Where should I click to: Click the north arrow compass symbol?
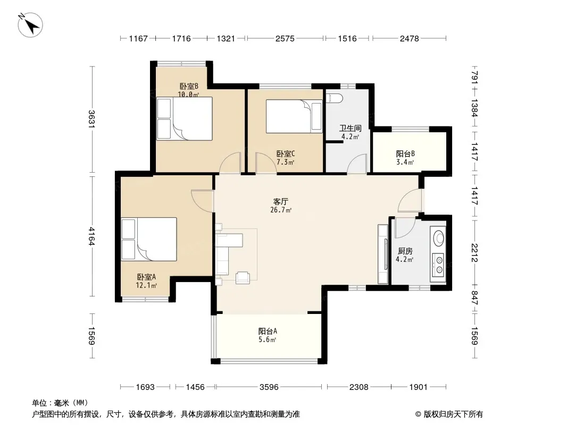30,24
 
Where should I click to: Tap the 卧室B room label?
189,86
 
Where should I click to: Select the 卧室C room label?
285,154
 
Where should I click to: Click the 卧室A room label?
146,277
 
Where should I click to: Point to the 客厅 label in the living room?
281,201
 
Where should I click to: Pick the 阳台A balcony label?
268,331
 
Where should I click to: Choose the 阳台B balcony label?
405,154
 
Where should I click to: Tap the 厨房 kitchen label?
405,251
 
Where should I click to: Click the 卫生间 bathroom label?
350,128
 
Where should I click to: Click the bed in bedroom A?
149,239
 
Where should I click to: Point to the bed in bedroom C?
294,116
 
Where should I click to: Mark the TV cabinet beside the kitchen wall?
383,254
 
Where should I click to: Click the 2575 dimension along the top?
285,38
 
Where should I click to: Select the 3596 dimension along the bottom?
269,387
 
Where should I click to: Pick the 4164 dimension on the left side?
92,236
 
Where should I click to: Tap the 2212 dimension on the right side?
474,253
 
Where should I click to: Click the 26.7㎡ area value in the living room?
281,210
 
